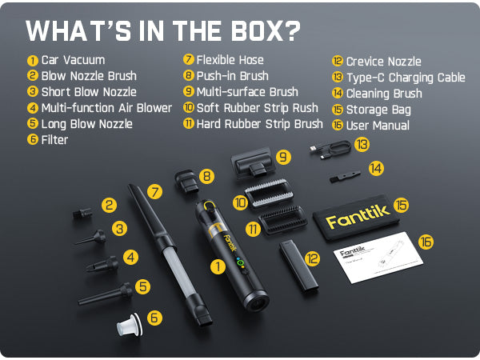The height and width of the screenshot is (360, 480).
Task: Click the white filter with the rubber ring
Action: tap(129, 326)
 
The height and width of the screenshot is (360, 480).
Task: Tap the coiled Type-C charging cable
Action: tap(330, 149)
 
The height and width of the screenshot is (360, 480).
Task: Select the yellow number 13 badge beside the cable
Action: tap(362, 145)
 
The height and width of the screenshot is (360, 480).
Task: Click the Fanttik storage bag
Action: tap(357, 217)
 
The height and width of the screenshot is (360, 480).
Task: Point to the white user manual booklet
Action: tap(378, 257)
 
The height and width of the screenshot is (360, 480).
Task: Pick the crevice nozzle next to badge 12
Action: tap(298, 265)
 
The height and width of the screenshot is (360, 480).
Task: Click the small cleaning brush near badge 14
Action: tap(345, 176)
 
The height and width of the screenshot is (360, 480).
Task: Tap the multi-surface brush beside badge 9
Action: tap(254, 163)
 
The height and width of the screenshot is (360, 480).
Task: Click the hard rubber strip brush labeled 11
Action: tap(282, 220)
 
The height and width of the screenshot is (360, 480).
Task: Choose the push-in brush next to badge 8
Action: tap(186, 182)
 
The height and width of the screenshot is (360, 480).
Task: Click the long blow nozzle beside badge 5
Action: tap(106, 294)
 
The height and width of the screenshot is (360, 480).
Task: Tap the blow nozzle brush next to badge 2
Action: tap(82, 213)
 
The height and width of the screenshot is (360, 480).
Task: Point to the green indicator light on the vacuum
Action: tap(240, 262)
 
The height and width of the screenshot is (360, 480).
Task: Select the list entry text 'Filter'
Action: tap(54, 140)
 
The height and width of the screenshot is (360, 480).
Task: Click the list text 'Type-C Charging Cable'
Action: tap(406, 78)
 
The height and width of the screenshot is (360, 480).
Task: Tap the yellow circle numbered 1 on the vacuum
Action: tap(218, 266)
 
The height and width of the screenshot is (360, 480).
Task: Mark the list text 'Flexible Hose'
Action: tap(230, 60)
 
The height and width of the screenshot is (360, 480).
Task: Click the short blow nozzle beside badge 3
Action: tap(91, 238)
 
